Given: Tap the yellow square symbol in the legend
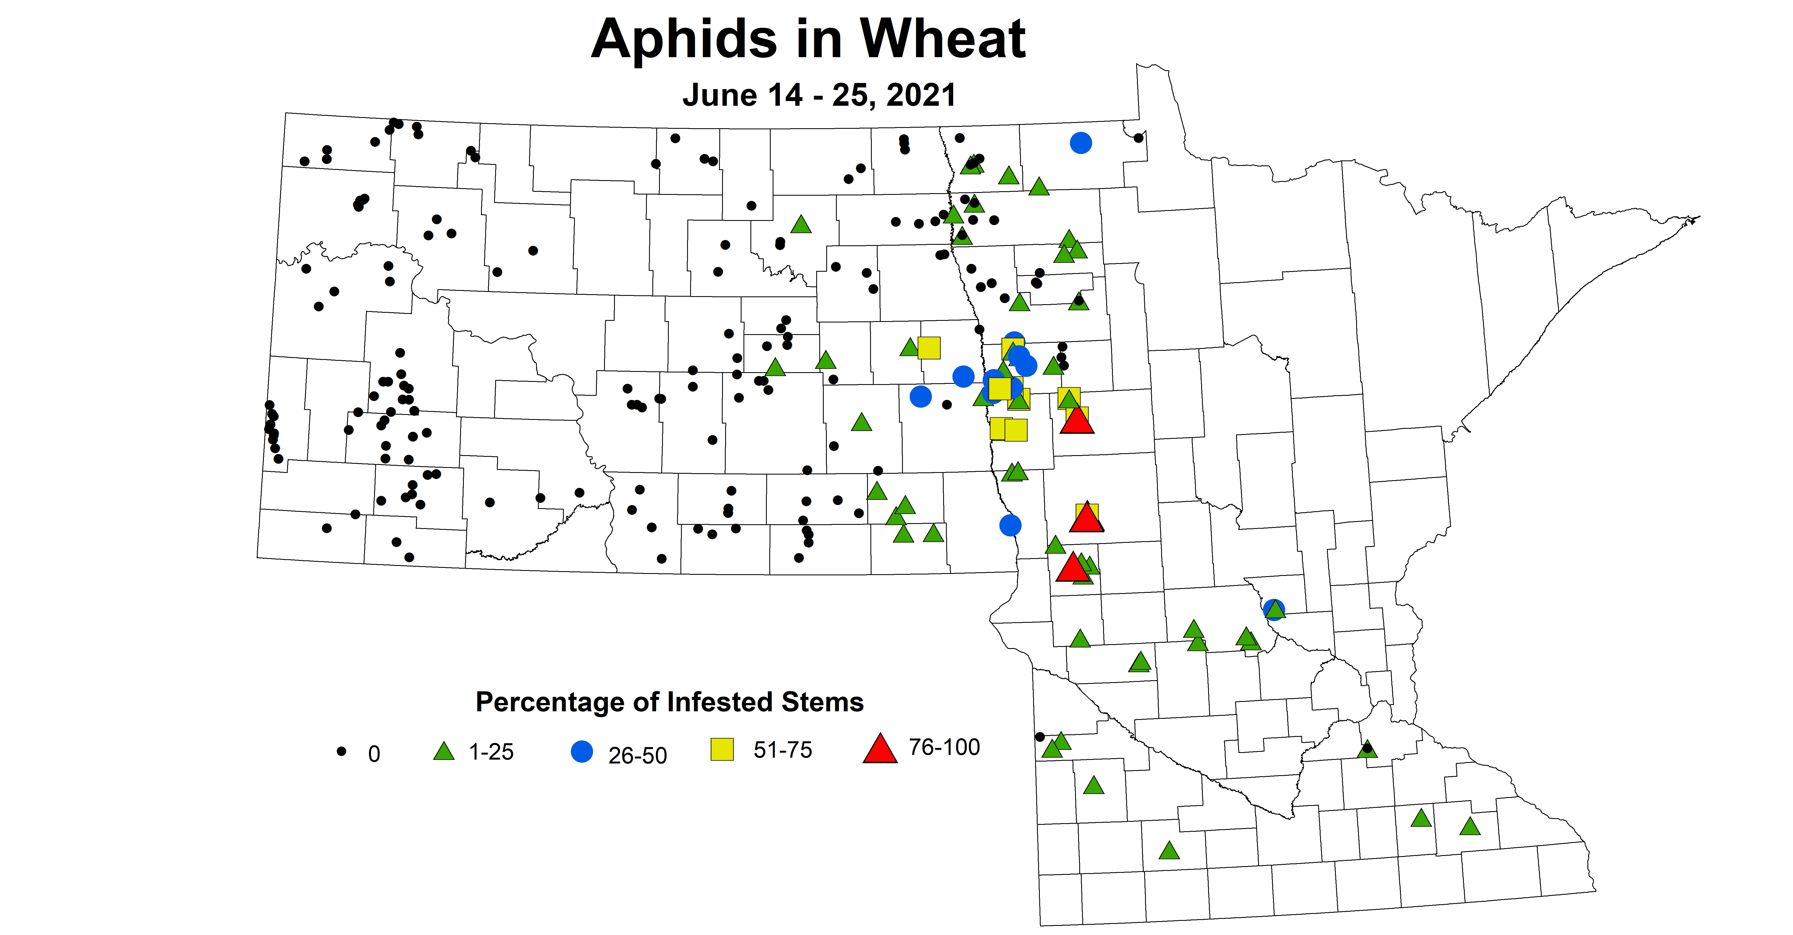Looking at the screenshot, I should click(722, 749).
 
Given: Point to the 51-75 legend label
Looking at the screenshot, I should click(782, 750).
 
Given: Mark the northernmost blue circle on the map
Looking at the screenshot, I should click(1080, 143).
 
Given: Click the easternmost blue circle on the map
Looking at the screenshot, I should click(1273, 609).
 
